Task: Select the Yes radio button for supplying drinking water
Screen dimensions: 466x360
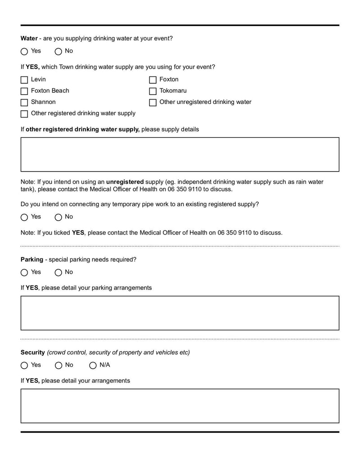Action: [x=24, y=51]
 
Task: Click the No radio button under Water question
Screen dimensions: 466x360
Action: [x=58, y=51]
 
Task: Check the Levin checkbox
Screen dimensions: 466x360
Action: [x=24, y=80]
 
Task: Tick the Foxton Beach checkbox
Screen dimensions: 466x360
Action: [x=24, y=91]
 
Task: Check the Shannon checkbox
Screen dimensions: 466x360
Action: [x=24, y=103]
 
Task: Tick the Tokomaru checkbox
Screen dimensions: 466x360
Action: [x=153, y=91]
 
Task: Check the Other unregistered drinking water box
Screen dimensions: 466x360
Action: [x=153, y=103]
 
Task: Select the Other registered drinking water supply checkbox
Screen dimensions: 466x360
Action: [x=24, y=114]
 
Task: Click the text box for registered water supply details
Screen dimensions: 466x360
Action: [x=180, y=154]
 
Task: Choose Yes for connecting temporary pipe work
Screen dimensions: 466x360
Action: [x=24, y=217]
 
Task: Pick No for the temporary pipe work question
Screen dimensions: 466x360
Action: [x=58, y=217]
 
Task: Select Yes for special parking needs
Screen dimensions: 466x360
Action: [x=24, y=272]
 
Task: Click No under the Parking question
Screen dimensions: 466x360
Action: [x=58, y=272]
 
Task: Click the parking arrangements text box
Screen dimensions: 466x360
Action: [x=180, y=313]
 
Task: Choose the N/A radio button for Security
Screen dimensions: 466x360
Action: [x=93, y=365]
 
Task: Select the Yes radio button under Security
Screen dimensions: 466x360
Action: [x=24, y=365]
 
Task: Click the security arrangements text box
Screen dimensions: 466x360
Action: [x=180, y=406]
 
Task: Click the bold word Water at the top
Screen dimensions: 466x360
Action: [x=29, y=38]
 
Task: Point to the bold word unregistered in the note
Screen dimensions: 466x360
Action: [x=125, y=182]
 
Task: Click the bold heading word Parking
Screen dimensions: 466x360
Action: [x=32, y=259]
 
